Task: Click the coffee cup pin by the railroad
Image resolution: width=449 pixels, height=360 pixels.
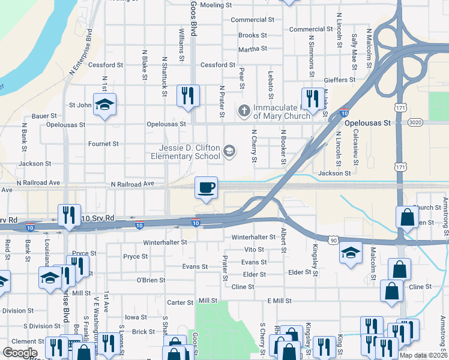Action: click(x=206, y=188)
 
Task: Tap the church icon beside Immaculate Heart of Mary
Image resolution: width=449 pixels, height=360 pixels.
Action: click(x=244, y=110)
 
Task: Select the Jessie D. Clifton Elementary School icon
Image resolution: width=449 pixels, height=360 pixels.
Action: click(x=229, y=151)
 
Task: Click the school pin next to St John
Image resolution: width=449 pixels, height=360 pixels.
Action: click(x=104, y=105)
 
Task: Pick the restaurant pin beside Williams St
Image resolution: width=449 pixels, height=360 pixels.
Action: click(x=187, y=95)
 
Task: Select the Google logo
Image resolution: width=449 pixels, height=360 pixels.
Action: click(x=20, y=353)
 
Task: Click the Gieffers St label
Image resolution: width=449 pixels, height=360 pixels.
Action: click(x=340, y=79)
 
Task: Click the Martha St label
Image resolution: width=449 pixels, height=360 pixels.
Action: click(x=252, y=49)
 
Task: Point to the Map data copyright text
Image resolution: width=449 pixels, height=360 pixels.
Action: click(x=423, y=355)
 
